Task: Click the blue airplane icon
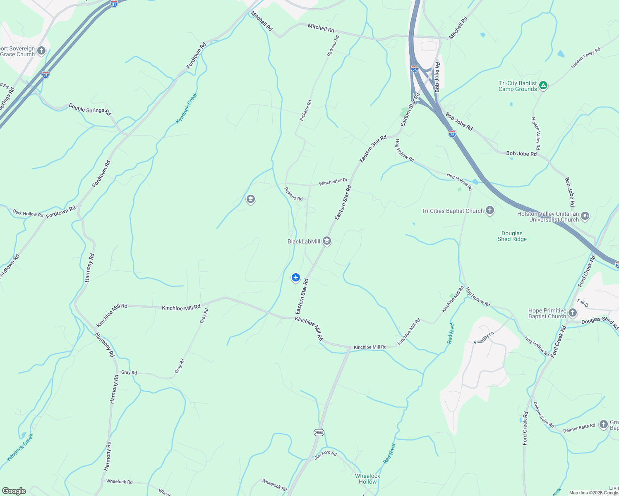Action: click(295, 277)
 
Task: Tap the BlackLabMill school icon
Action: click(327, 241)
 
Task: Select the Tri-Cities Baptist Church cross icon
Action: click(490, 211)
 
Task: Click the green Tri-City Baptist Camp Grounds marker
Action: click(543, 86)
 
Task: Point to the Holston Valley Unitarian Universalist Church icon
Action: click(585, 216)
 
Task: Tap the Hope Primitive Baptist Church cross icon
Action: click(572, 313)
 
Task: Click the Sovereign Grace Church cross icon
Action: click(41, 51)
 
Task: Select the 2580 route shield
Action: click(319, 433)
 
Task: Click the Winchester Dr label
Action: click(333, 181)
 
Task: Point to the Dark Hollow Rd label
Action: click(28, 214)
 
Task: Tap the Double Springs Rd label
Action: click(90, 110)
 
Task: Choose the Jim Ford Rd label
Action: click(326, 455)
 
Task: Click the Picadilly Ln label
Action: click(484, 338)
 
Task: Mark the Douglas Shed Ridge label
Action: click(512, 236)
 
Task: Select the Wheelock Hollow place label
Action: click(367, 479)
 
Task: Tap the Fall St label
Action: click(583, 303)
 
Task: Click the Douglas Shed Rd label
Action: click(600, 321)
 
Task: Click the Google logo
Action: click(14, 491)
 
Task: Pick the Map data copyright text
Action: click(593, 493)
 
